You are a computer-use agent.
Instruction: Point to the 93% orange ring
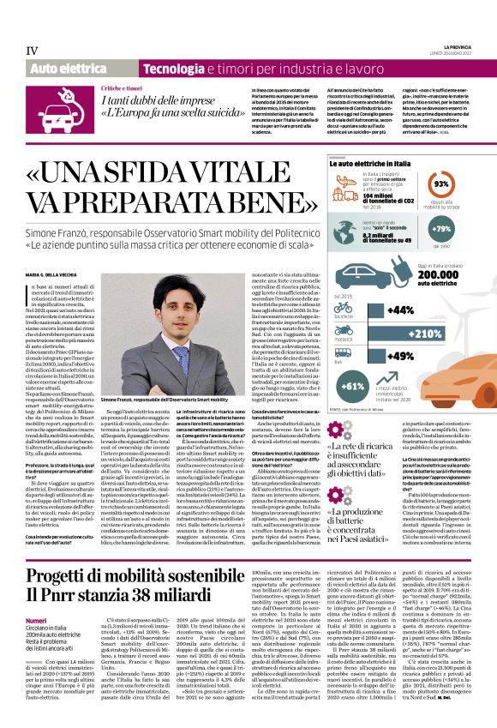pyautogui.click(x=442, y=184)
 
